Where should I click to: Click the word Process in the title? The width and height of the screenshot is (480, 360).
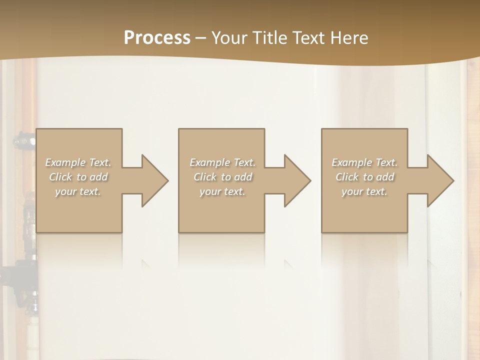[x=157, y=38]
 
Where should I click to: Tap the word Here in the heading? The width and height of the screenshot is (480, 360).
[x=349, y=38]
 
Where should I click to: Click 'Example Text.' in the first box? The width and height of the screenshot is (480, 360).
[x=78, y=162]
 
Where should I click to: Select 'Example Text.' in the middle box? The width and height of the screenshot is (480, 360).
[x=222, y=162]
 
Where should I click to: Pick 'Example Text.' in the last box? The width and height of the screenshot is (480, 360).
[x=364, y=162]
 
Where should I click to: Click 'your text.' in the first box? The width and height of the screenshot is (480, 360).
[x=78, y=191]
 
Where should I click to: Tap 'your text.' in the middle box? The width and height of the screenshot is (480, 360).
[x=222, y=191]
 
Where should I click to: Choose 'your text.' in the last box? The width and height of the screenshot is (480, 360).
[x=364, y=191]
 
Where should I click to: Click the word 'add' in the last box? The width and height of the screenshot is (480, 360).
[x=385, y=177]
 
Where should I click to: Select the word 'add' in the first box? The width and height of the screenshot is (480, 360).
[x=99, y=177]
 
